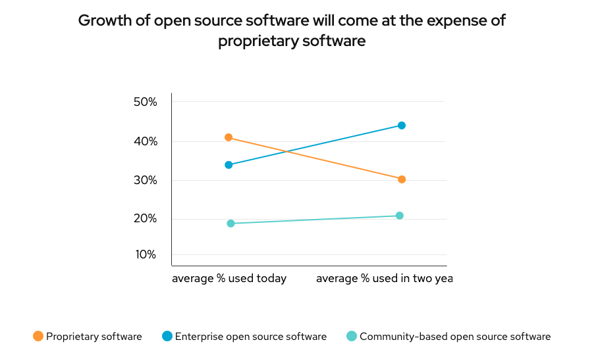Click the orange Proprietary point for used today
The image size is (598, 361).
[x=229, y=137]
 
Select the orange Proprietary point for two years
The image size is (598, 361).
[x=402, y=180]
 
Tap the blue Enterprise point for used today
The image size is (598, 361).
[x=229, y=165]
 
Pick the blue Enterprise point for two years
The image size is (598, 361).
[x=402, y=126]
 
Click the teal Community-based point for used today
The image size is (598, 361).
[x=231, y=224]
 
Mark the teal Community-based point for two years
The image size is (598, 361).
[x=400, y=216]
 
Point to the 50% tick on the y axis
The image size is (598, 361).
[x=145, y=102]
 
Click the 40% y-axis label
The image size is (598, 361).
[x=145, y=141]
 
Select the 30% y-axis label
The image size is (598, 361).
[x=145, y=180]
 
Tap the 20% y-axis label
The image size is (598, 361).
[x=145, y=218]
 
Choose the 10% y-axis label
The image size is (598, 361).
[x=145, y=254]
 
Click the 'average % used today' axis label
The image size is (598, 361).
[x=229, y=278]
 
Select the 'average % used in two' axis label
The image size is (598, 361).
[x=384, y=278]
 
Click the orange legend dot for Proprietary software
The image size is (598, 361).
[x=38, y=337]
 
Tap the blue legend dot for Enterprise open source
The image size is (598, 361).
[x=167, y=337]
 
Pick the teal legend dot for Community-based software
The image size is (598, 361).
[x=352, y=337]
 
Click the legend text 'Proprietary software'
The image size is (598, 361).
[x=94, y=337]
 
